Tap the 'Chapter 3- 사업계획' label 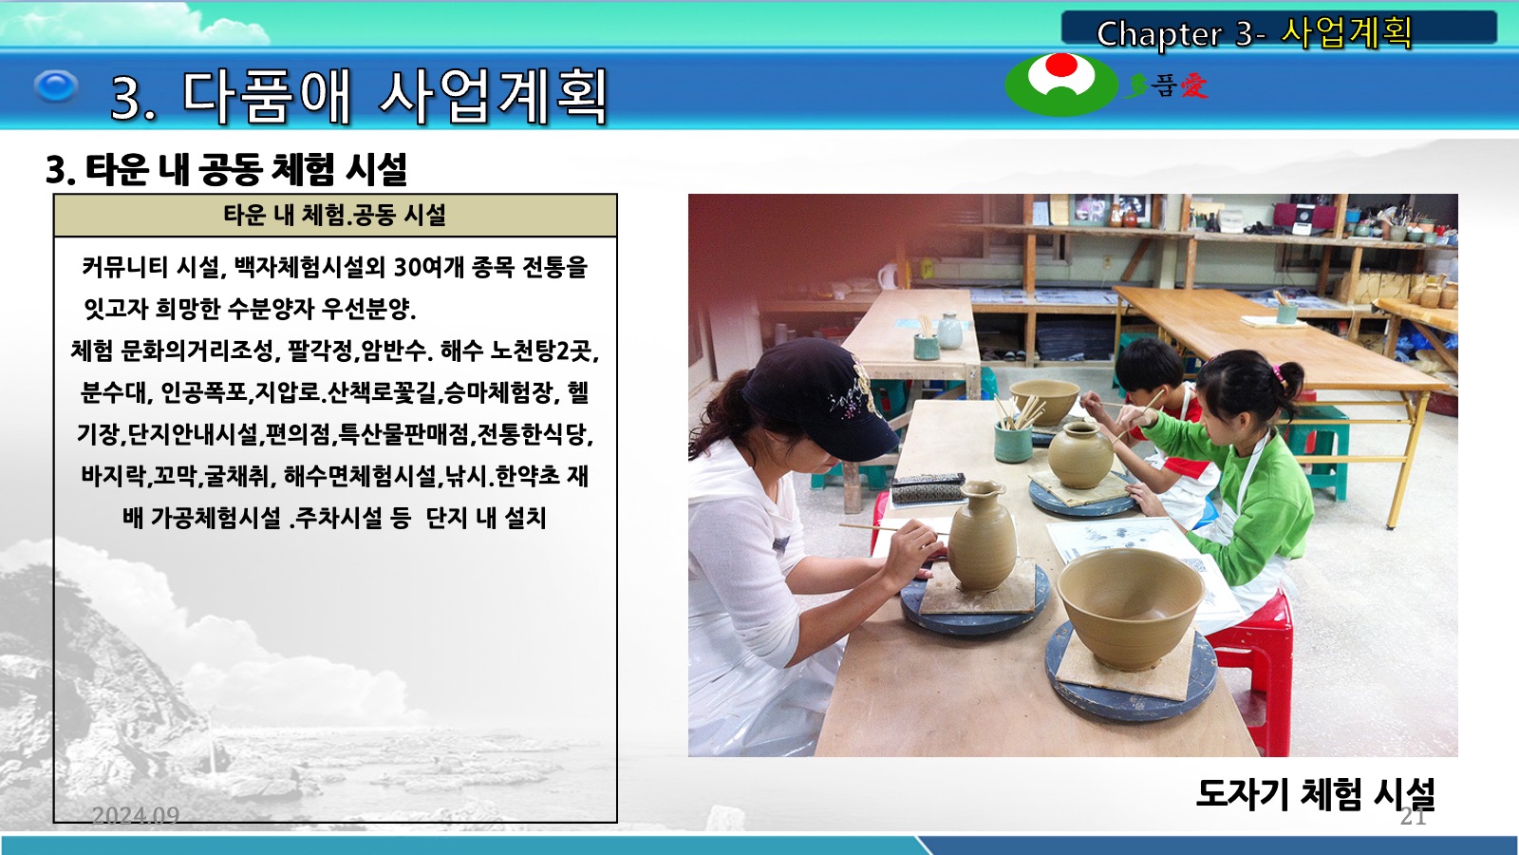[x=1254, y=33]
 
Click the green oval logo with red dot [x=1061, y=85]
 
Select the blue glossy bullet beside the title [x=56, y=86]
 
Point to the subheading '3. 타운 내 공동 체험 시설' [x=226, y=169]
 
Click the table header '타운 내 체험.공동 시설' [x=335, y=215]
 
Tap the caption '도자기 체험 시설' [x=1316, y=794]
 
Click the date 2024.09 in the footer [x=136, y=815]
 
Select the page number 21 [x=1414, y=816]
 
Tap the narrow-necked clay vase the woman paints [x=982, y=535]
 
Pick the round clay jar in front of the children [x=1080, y=455]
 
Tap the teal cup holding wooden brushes [x=1012, y=441]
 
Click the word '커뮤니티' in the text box [x=124, y=267]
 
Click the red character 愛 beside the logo [x=1194, y=86]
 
